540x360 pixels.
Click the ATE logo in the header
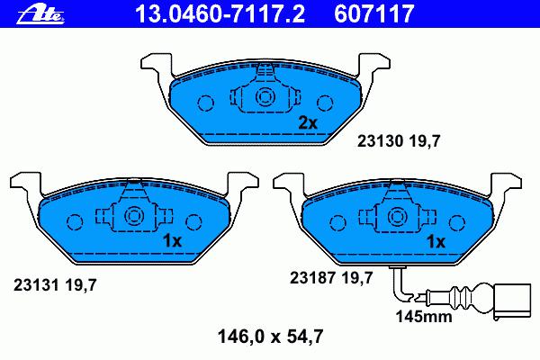41,14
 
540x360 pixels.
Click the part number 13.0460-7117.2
220,14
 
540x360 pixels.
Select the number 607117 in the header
374,14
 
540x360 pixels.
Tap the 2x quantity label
308,122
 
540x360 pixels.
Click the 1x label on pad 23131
172,241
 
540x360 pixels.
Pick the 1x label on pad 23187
436,242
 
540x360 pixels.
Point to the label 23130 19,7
399,141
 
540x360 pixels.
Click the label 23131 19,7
55,285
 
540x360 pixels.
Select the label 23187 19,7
331,278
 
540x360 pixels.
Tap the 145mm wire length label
424,317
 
